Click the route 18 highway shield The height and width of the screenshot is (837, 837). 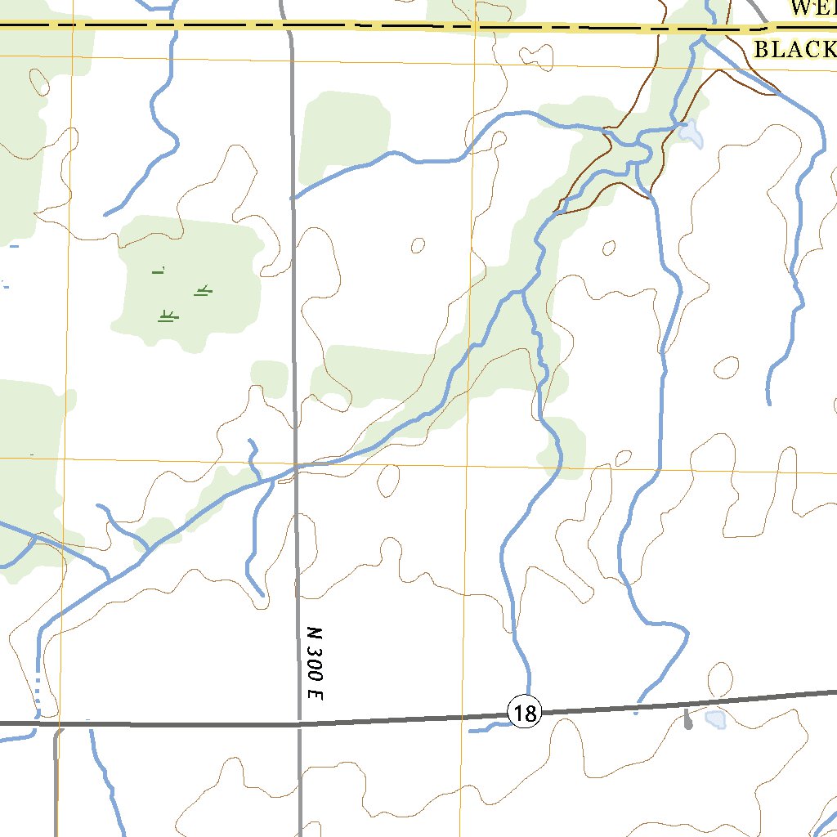click(524, 713)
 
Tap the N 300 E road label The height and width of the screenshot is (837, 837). click(316, 663)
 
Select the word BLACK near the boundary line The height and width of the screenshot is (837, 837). click(791, 50)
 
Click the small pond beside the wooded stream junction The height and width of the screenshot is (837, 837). click(691, 132)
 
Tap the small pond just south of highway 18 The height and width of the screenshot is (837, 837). click(716, 719)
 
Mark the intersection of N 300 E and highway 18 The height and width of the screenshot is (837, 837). click(299, 723)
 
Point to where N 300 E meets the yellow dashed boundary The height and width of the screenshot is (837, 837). click(289, 27)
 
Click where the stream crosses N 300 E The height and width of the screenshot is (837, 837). click(296, 467)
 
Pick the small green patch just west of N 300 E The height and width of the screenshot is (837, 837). click(269, 377)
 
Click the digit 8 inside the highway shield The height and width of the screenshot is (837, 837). click(529, 714)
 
